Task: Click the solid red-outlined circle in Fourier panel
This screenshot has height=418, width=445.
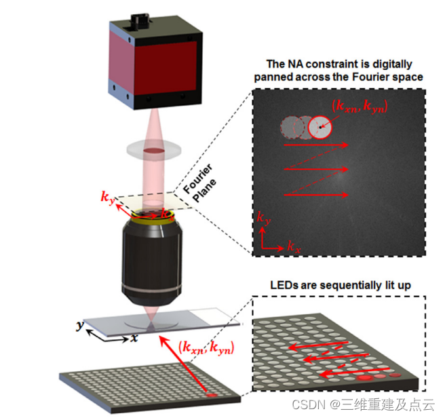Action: [320, 126]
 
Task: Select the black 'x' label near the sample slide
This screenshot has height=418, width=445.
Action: [135, 337]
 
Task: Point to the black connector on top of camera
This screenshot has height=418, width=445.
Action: [141, 14]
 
